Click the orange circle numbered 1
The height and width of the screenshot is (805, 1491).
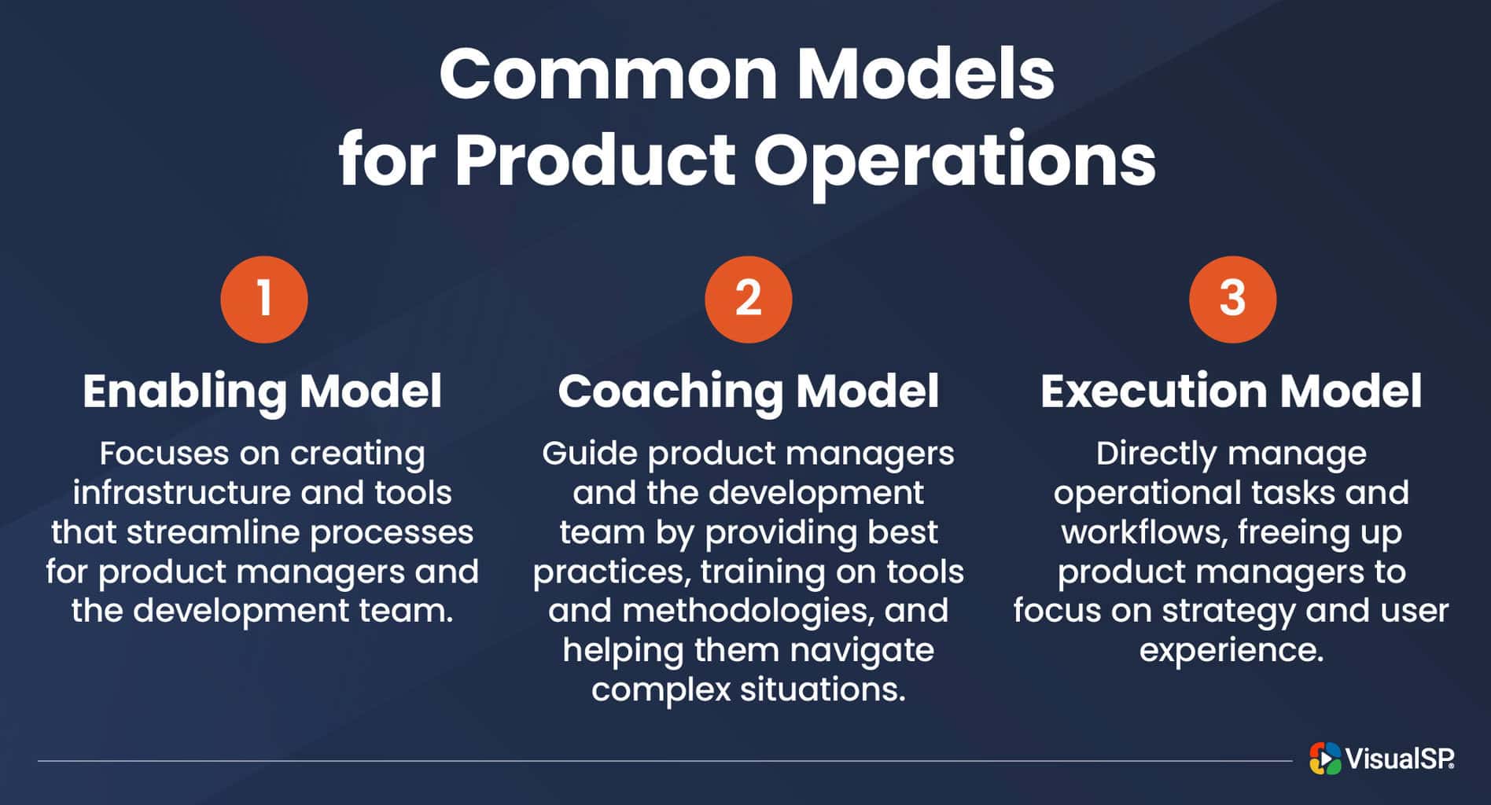264,300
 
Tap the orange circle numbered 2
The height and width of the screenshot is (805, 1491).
748,300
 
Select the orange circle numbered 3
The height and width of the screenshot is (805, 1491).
1232,300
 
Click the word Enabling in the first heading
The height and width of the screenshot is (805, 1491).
186,391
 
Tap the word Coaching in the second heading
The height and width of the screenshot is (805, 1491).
671,391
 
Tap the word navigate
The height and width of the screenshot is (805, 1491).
862,650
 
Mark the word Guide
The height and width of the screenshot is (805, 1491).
589,454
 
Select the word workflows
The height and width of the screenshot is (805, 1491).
1144,532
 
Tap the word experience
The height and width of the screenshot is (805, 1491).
1231,650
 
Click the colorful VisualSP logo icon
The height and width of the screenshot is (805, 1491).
1325,759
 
